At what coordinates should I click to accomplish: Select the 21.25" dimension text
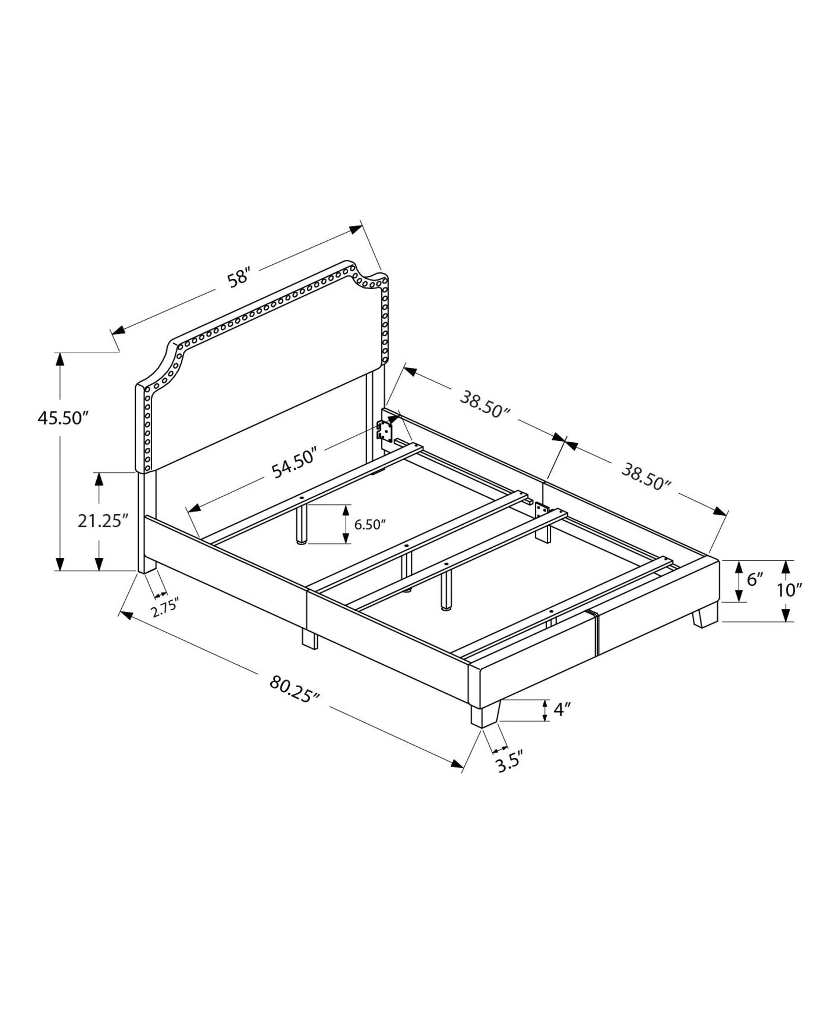(x=101, y=521)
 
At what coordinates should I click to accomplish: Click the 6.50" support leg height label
(x=370, y=525)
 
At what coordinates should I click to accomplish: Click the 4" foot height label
(x=562, y=710)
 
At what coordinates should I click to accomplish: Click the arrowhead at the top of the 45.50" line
(x=60, y=359)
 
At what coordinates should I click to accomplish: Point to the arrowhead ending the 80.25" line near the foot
(x=457, y=777)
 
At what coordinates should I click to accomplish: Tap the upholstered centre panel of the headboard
(x=265, y=387)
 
